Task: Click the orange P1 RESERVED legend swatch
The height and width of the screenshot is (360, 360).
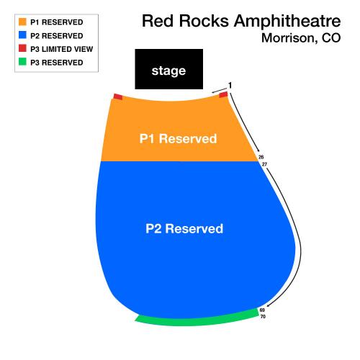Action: click(22, 22)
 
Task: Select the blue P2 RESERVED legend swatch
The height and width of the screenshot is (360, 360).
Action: click(22, 35)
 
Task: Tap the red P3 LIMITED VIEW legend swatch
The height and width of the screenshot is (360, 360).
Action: click(22, 48)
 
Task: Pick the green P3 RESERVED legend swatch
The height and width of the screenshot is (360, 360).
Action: click(22, 62)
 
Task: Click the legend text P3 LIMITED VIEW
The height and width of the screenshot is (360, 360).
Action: click(62, 49)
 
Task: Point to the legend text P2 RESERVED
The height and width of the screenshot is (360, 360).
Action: click(57, 36)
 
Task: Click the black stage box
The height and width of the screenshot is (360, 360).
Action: click(169, 69)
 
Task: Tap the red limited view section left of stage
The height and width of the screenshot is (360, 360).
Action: click(118, 97)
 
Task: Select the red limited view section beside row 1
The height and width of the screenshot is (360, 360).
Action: click(223, 94)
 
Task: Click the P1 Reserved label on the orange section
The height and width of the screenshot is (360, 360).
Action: click(178, 138)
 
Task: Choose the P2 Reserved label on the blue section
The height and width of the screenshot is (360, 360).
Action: click(184, 228)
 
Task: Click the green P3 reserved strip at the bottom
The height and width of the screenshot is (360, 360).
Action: click(197, 319)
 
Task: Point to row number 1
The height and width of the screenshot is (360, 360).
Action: click(230, 85)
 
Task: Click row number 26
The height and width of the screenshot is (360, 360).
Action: click(261, 157)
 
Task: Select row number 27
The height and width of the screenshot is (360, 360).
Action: click(264, 164)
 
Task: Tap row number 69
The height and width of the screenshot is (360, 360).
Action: click(262, 310)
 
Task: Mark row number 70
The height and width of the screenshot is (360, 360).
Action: click(263, 317)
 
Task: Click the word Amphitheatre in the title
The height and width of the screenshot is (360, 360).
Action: click(287, 21)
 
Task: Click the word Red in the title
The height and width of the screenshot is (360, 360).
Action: click(158, 21)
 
